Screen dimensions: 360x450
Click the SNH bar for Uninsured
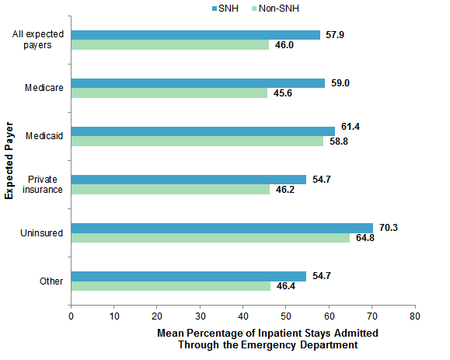click(x=222, y=228)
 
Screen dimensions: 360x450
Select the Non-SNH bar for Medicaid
click(x=197, y=142)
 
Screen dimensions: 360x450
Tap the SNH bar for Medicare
click(x=197, y=83)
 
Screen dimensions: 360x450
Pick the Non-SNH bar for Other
click(x=170, y=286)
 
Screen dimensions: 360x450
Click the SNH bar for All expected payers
click(x=195, y=35)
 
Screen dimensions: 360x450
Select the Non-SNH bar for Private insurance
click(x=170, y=190)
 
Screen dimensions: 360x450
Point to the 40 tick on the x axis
click(x=242, y=316)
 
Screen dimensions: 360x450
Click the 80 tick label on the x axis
click(x=414, y=316)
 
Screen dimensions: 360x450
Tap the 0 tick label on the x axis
click(x=71, y=316)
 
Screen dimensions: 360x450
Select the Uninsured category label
click(x=43, y=232)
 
